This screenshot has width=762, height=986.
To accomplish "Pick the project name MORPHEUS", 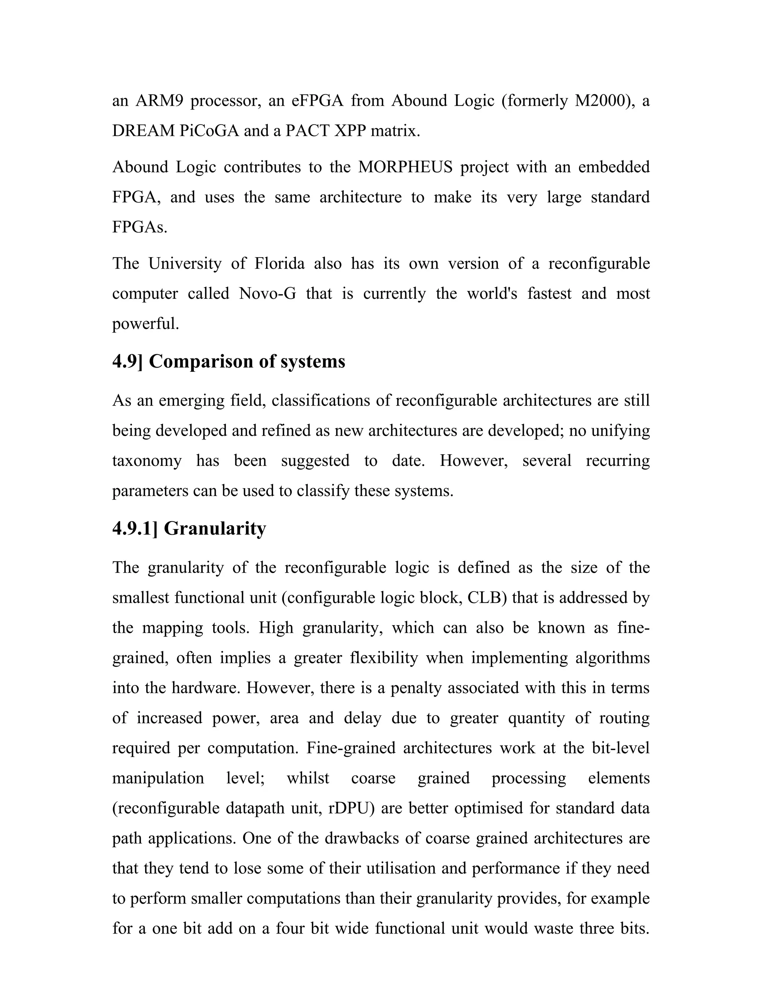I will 406,167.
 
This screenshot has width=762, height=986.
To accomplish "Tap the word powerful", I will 145,324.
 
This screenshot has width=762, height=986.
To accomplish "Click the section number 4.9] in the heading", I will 127,362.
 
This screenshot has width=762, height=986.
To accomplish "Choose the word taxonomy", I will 147,461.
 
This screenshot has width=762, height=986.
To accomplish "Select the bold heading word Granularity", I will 215,528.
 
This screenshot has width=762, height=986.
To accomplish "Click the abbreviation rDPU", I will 351,808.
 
